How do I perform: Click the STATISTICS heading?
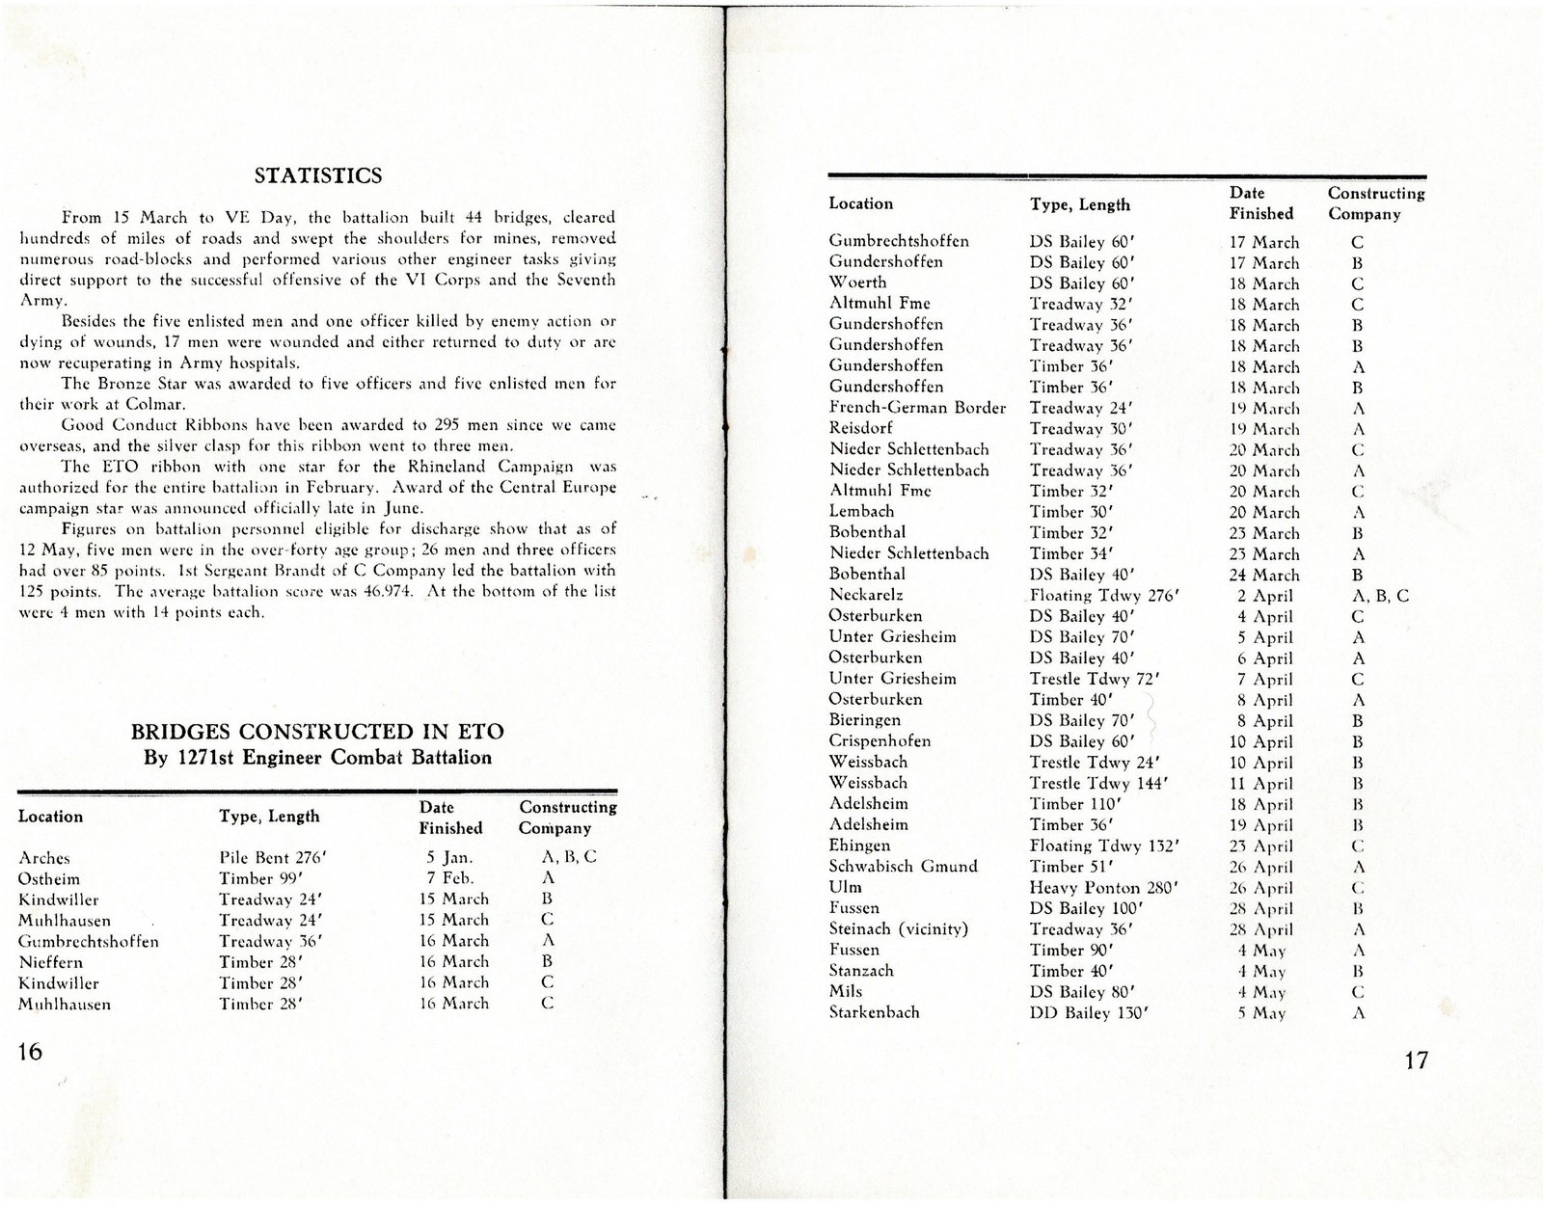[317, 175]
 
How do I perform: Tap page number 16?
[31, 1051]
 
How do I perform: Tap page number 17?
[1416, 1060]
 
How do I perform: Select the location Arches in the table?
[43, 857]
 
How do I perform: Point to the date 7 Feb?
[449, 877]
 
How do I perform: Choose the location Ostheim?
[48, 878]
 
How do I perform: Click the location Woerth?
[857, 282]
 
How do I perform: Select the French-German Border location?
[917, 407]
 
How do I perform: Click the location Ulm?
[845, 887]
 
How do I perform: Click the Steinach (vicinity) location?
[898, 928]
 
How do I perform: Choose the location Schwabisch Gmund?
[903, 866]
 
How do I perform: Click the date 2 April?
[1265, 596]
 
